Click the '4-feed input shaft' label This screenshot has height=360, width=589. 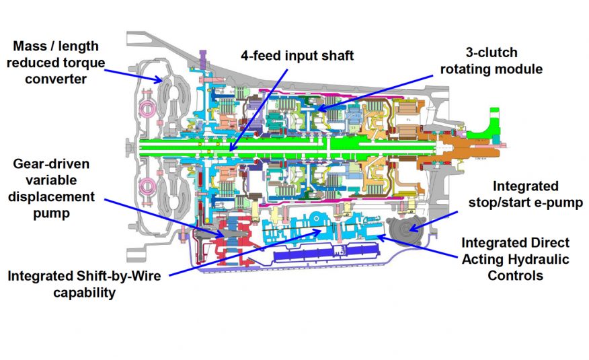pos(297,56)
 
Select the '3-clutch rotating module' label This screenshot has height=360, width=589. pos(492,61)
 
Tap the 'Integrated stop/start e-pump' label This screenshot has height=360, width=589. pos(526,194)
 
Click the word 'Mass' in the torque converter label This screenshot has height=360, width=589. pos(28,46)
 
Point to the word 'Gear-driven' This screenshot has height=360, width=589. pos(51,164)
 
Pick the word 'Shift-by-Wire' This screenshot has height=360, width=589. pos(119,276)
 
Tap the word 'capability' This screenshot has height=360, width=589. pos(85,293)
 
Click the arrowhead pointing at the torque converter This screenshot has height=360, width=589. pos(158,79)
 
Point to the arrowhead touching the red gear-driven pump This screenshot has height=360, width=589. pos(219,233)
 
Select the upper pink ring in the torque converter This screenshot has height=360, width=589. pos(147,109)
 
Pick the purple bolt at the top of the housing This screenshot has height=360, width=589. pos(203,60)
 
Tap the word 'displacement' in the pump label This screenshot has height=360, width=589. pos(51,196)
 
